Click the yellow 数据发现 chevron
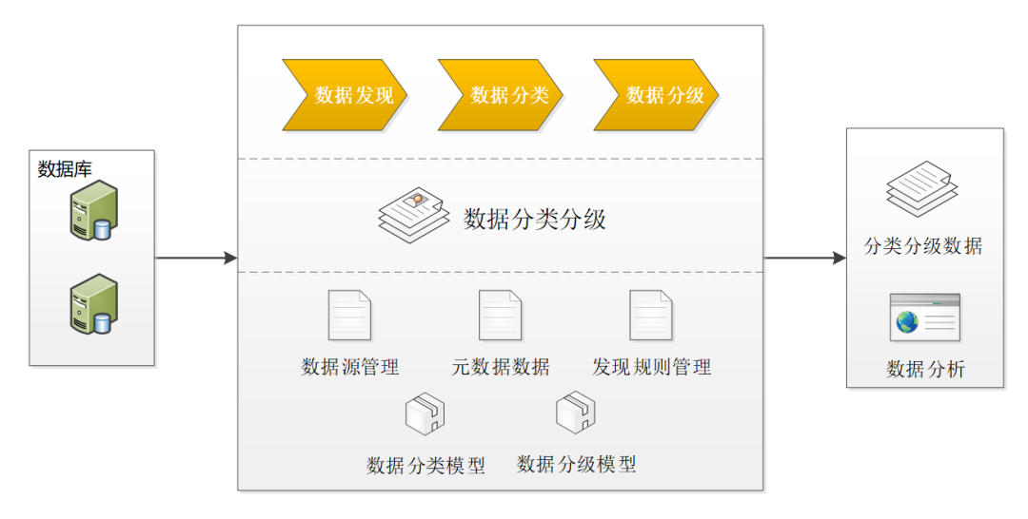pos(346,94)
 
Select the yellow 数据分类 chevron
pos(501,94)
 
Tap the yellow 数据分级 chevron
pos(657,94)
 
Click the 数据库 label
pos(65,169)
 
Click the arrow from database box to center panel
pos(195,258)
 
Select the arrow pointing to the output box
pos(805,258)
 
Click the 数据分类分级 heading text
pos(535,220)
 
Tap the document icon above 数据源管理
pos(349,316)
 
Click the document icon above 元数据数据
pos(500,316)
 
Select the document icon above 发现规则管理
pos(651,316)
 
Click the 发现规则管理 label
pos(651,367)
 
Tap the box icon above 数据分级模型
pos(576,413)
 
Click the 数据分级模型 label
pos(576,465)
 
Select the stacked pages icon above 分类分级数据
pos(919,187)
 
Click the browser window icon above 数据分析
pos(924,317)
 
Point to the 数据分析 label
pos(925,370)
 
